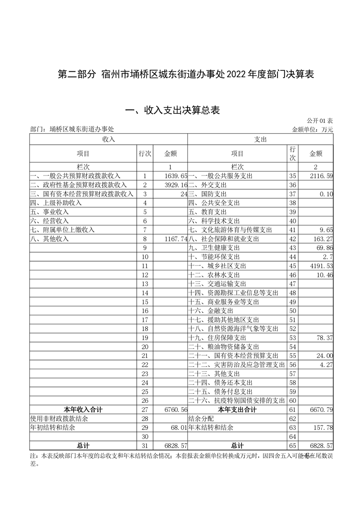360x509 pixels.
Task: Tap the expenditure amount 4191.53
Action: (x=320, y=266)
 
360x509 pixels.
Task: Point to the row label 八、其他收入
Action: (x=49, y=239)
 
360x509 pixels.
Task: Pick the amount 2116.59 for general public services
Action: (x=320, y=176)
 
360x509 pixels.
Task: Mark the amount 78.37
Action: (x=324, y=338)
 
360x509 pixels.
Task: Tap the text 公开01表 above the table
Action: (x=320, y=121)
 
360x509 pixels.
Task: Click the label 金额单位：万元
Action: (x=312, y=130)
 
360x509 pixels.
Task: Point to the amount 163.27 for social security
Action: (x=323, y=239)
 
